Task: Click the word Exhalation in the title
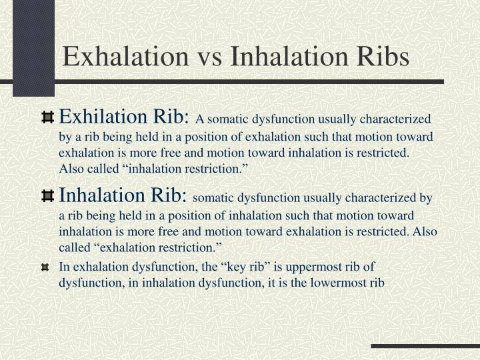point(125,56)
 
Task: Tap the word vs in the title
point(210,59)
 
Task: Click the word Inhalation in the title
point(289,56)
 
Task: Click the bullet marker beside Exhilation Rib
point(47,118)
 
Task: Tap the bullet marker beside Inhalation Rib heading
point(47,196)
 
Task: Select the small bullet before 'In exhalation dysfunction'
point(45,268)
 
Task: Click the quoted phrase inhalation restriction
point(186,169)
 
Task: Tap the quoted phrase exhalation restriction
point(159,247)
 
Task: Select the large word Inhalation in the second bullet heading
point(101,195)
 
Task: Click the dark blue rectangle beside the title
point(34,48)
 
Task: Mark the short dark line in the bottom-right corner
point(425,346)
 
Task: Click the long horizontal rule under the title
point(222,82)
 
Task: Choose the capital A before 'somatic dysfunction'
point(199,119)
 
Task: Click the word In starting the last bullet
point(64,267)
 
